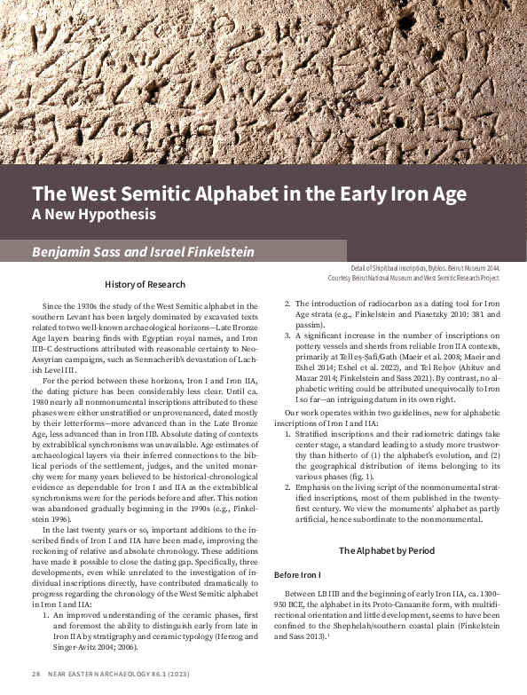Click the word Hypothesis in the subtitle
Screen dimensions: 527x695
coord(120,214)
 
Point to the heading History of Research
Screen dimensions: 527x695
coord(145,285)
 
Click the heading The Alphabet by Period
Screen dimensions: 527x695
coord(387,550)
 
